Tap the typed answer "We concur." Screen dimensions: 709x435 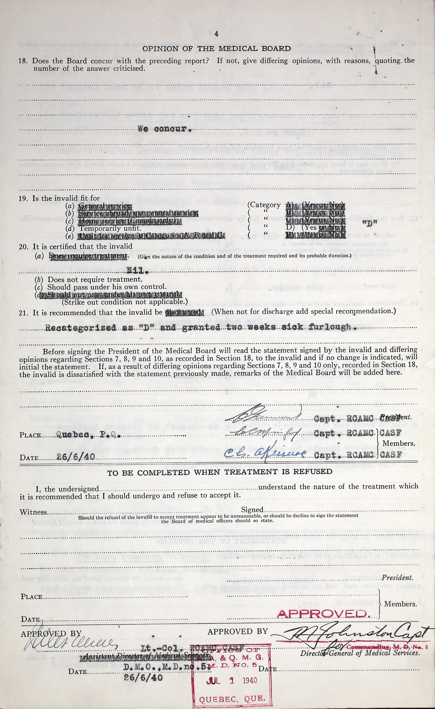click(x=164, y=129)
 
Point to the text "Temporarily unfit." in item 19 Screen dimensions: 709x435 click(x=110, y=228)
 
